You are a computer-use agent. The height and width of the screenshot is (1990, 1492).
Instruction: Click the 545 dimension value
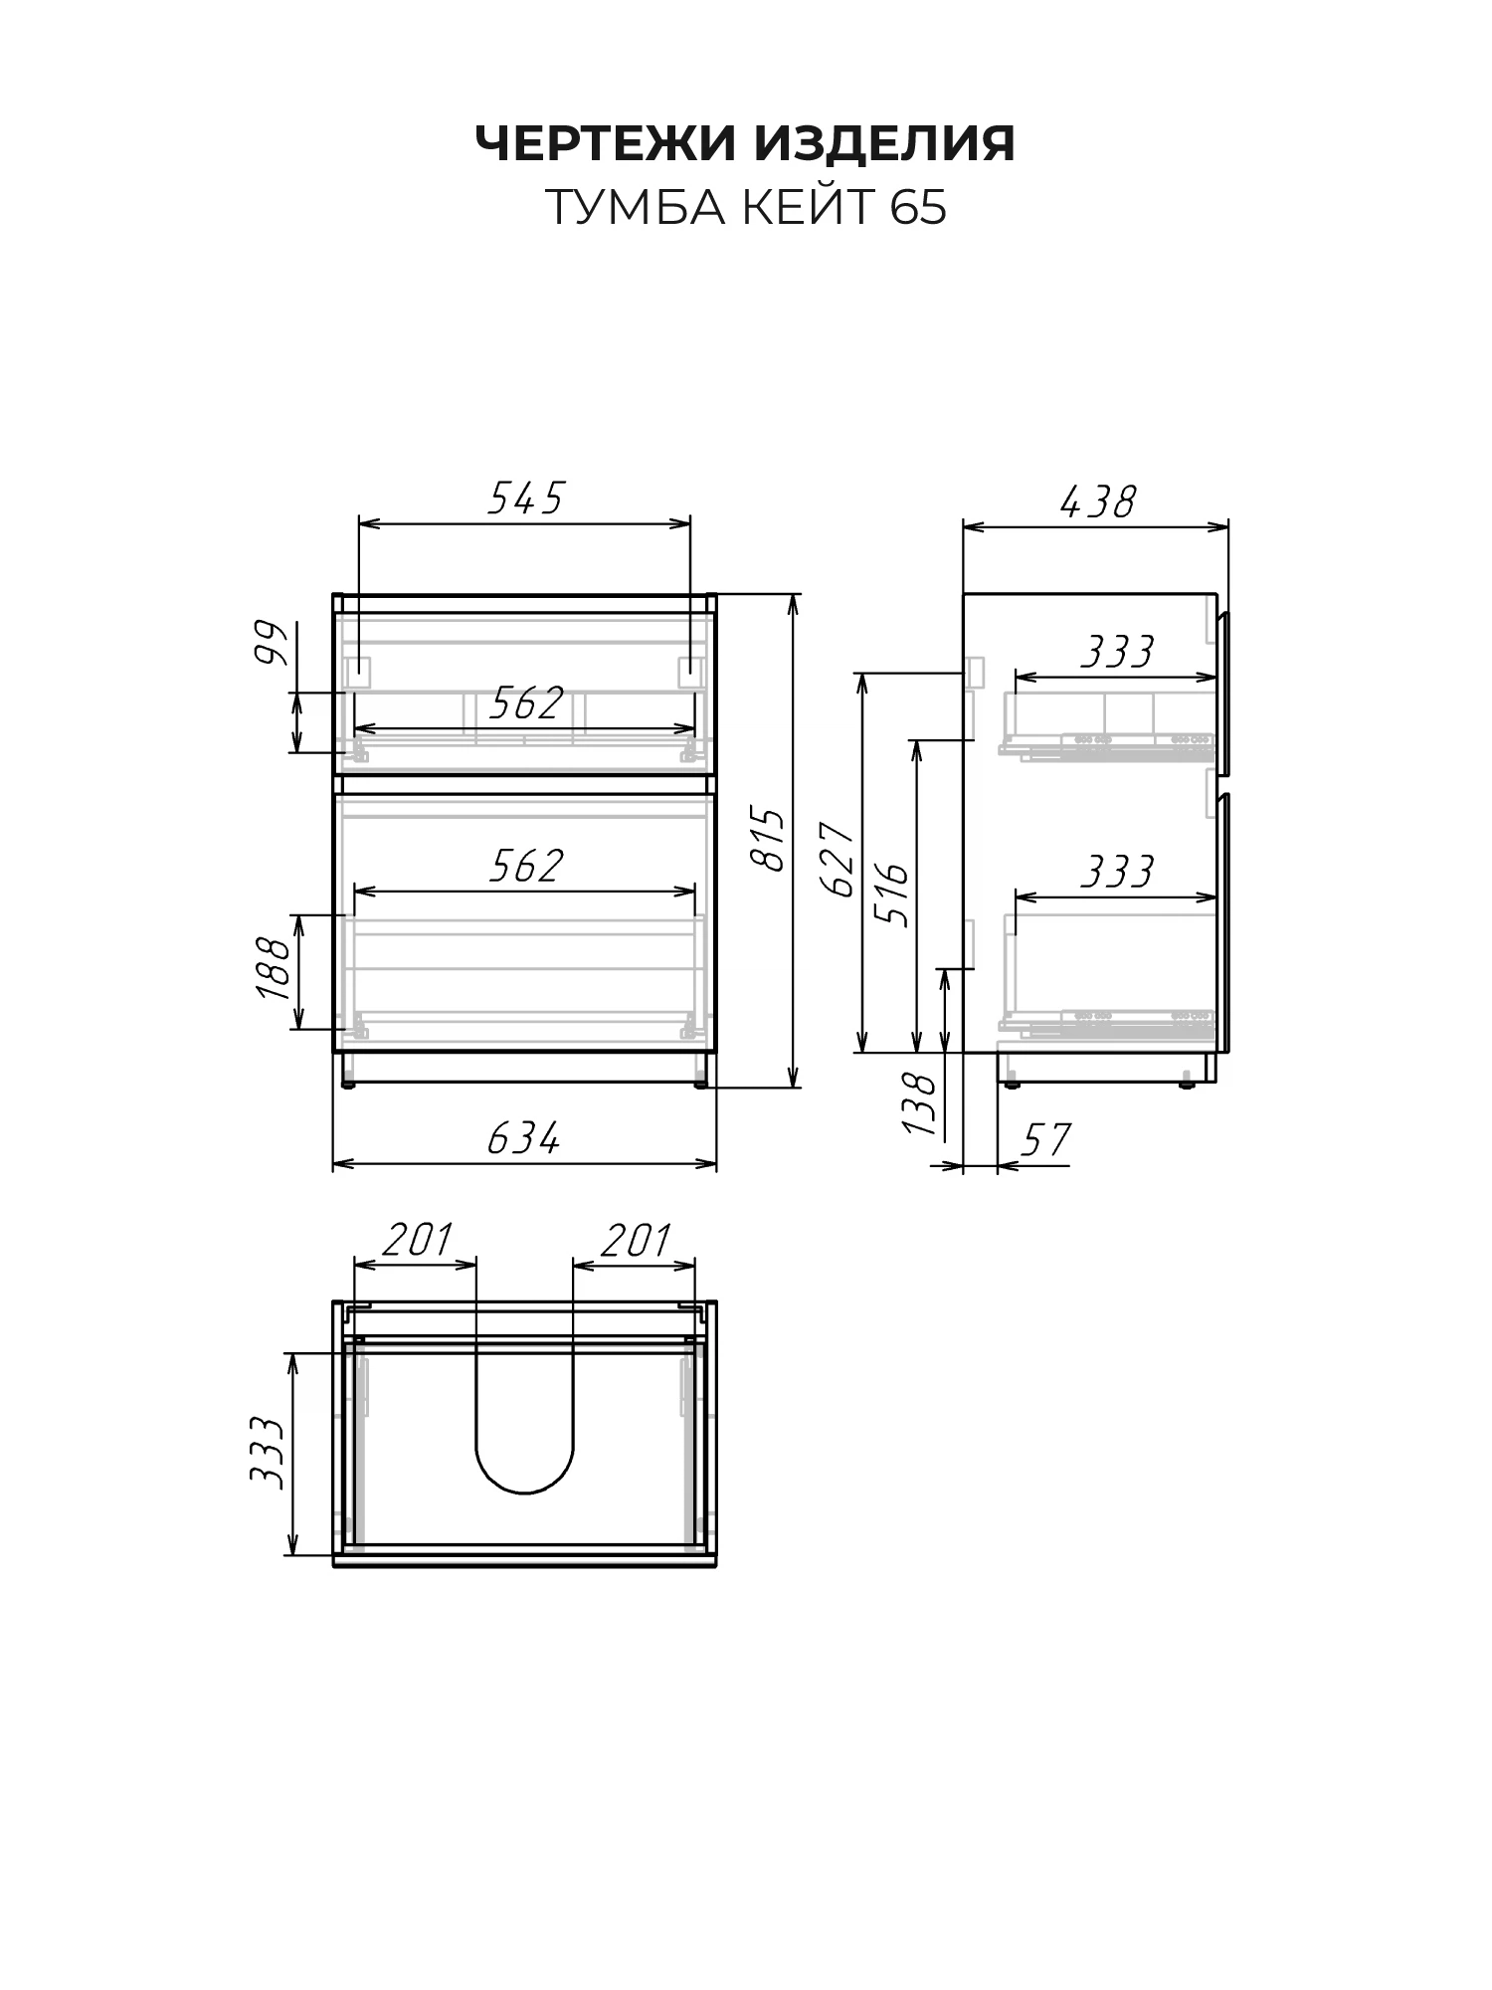pos(525,497)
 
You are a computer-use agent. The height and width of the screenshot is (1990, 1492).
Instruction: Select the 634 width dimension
pos(524,1138)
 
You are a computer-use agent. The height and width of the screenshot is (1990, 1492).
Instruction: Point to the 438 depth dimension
pos(1097,502)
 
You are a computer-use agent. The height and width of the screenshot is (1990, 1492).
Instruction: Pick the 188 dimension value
pos(274,968)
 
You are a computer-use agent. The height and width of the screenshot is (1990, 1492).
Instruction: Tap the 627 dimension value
pos(840,860)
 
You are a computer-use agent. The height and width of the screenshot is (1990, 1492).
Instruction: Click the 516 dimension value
pos(893,895)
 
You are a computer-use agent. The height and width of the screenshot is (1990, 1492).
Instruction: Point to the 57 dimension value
pos(1045,1140)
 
